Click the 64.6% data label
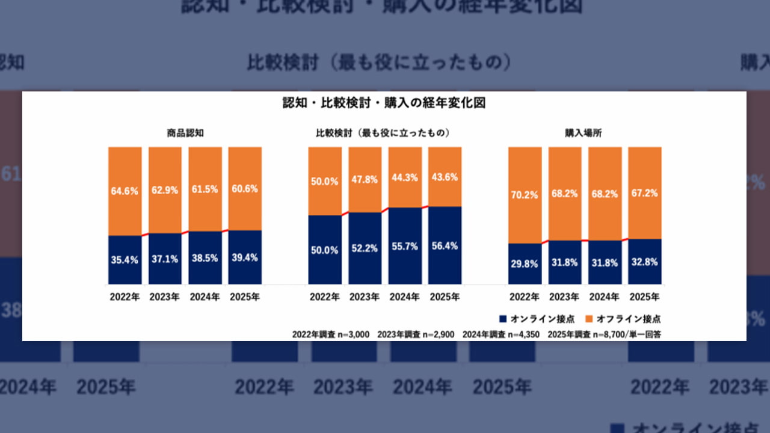(x=125, y=191)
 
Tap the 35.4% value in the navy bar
(x=125, y=260)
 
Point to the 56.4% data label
(x=445, y=246)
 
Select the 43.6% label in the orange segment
(x=445, y=178)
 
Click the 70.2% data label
(x=525, y=194)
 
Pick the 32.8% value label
(x=644, y=262)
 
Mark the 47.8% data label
(x=365, y=180)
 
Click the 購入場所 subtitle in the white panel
(x=584, y=133)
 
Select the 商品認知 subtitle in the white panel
(x=185, y=133)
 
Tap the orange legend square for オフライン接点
(x=590, y=319)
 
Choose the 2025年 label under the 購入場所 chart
(x=644, y=296)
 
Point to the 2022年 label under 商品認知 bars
(x=125, y=296)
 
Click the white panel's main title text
(x=384, y=103)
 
